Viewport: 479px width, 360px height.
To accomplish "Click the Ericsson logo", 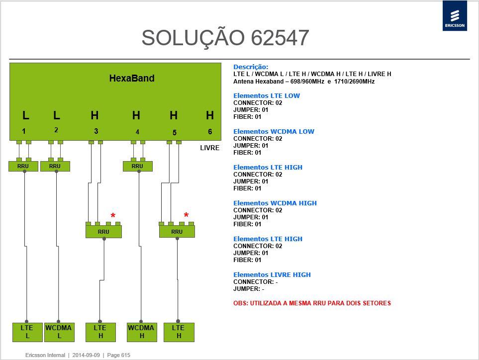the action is click(x=455, y=16).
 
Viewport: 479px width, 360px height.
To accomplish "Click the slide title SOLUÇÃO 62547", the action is click(x=225, y=38).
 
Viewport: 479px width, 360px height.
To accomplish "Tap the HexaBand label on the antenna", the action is click(x=132, y=78).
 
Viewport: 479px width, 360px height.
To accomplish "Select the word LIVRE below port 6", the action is click(x=209, y=148).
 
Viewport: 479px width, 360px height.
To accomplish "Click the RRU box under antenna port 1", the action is click(x=23, y=166).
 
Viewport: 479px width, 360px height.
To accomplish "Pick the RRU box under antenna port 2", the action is click(x=55, y=166).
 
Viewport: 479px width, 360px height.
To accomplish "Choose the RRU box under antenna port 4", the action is click(x=137, y=166).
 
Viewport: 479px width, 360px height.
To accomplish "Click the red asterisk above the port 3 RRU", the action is click(x=113, y=216).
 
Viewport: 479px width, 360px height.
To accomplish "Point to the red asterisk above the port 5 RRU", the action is click(x=187, y=215).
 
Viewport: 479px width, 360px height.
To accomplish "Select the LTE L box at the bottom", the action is click(x=27, y=332).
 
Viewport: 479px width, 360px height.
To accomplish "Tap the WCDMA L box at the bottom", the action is click(x=59, y=332).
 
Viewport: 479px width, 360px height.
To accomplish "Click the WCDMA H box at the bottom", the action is click(x=142, y=332).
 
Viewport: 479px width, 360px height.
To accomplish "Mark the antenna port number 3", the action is click(x=96, y=131).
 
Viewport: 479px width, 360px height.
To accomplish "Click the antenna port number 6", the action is click(x=210, y=132).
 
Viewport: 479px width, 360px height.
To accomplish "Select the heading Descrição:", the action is click(x=251, y=67).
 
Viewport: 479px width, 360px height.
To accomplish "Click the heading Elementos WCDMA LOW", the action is click(x=274, y=132).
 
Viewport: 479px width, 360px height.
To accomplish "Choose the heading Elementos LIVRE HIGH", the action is click(x=272, y=275).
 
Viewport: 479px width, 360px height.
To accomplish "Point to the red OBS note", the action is click(x=312, y=303).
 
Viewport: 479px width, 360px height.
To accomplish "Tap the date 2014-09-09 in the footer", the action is click(x=86, y=355).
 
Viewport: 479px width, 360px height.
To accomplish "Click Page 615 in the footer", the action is click(x=118, y=355).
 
